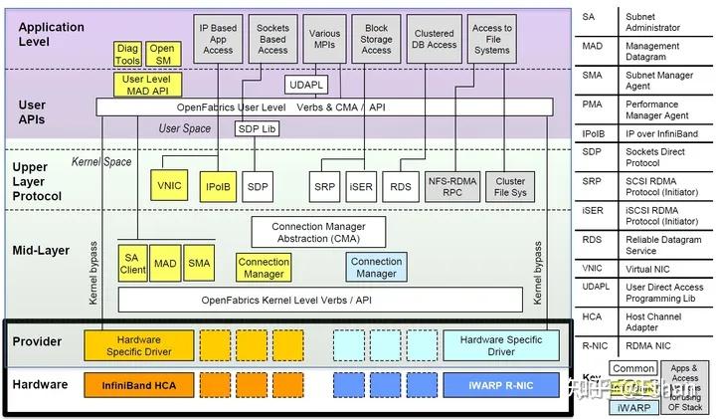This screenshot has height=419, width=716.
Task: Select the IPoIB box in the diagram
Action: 218,186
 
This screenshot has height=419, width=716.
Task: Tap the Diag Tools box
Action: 127,54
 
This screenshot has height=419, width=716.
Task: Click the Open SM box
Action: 161,54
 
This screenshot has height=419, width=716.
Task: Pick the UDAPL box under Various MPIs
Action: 304,84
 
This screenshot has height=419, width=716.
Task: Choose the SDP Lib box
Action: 258,128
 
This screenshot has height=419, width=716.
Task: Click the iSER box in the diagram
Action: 360,186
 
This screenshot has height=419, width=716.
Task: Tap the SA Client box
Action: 132,263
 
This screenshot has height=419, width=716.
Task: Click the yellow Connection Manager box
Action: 264,267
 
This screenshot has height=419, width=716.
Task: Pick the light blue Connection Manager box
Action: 376,267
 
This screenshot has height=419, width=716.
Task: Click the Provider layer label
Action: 38,341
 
